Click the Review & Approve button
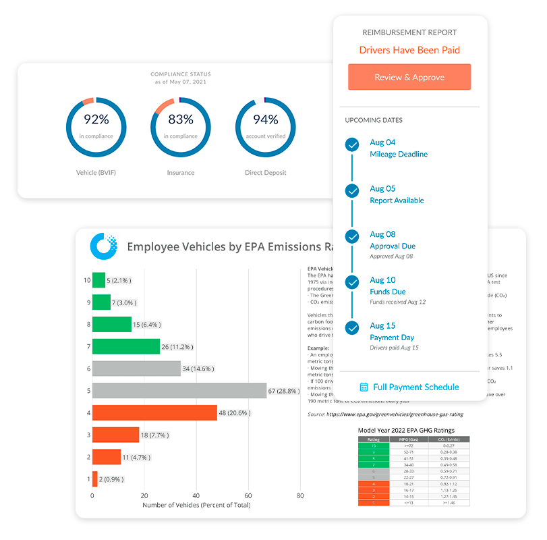[409, 77]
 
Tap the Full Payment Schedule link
[415, 387]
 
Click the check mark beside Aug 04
[351, 144]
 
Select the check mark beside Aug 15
[351, 328]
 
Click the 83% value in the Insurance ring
[180, 119]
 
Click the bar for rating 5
[179, 390]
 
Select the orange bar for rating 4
[154, 412]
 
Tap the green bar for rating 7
[125, 346]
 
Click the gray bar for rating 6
[136, 369]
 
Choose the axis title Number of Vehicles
[196, 505]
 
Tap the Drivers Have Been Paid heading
[409, 50]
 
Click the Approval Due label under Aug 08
[393, 246]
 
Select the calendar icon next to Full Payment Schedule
[364, 387]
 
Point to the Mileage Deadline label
[399, 154]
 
